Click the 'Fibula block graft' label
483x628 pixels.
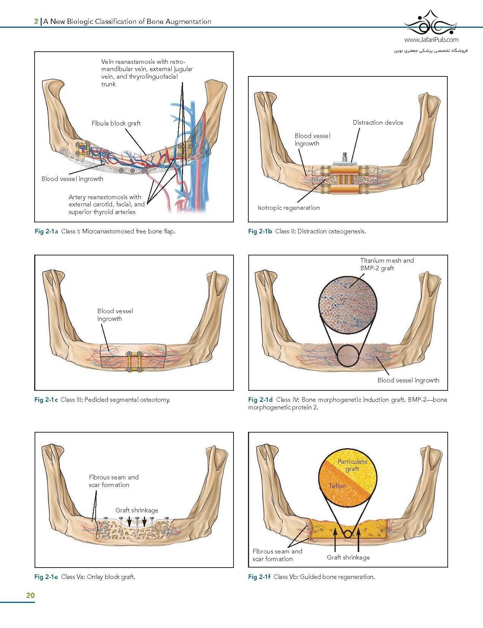(x=116, y=123)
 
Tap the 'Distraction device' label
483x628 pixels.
(x=377, y=122)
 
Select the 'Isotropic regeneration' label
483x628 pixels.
(x=288, y=208)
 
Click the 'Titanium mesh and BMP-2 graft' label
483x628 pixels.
(x=387, y=264)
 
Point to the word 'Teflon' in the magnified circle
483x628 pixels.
(x=337, y=486)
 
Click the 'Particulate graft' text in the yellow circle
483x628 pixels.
(x=352, y=465)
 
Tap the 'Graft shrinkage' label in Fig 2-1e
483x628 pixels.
(x=137, y=510)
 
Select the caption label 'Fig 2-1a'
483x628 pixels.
(x=46, y=231)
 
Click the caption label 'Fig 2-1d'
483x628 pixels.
(x=260, y=400)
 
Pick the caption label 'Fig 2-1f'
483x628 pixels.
(x=259, y=577)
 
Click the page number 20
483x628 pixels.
(x=30, y=595)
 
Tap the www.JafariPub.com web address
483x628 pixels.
(x=431, y=40)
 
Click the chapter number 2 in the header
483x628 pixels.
(x=36, y=22)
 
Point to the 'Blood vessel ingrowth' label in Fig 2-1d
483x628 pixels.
(x=408, y=380)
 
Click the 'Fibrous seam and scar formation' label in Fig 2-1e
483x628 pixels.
(x=114, y=481)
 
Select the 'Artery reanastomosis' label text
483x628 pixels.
(x=106, y=205)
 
